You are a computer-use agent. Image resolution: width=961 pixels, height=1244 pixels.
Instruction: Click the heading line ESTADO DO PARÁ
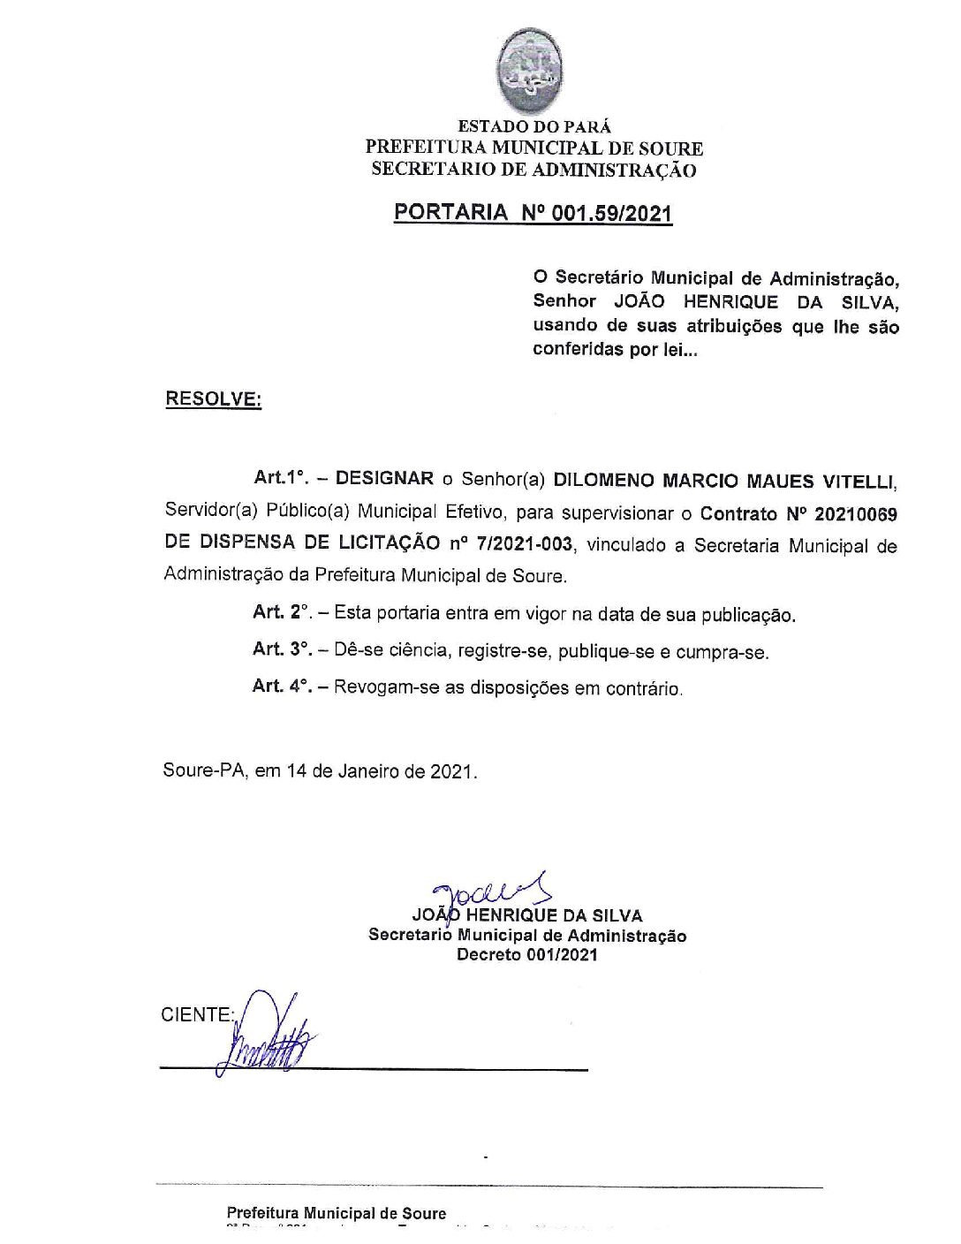tap(533, 127)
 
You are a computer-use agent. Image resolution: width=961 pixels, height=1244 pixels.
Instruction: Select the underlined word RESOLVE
tap(213, 399)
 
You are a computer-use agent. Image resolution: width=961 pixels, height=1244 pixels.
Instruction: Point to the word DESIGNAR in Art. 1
tap(385, 479)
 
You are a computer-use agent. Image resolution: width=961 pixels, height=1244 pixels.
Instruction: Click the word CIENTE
tap(196, 1014)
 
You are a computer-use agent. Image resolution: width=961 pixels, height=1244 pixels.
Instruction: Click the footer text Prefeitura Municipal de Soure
tap(337, 1213)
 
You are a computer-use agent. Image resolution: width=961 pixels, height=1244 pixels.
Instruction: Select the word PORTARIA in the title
tap(450, 213)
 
